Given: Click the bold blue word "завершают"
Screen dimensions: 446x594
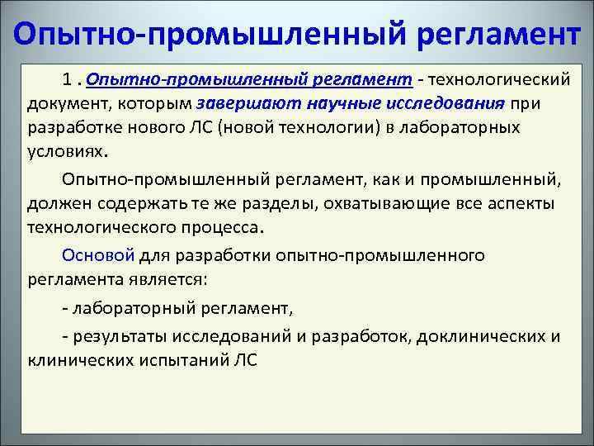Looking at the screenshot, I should (x=240, y=103).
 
